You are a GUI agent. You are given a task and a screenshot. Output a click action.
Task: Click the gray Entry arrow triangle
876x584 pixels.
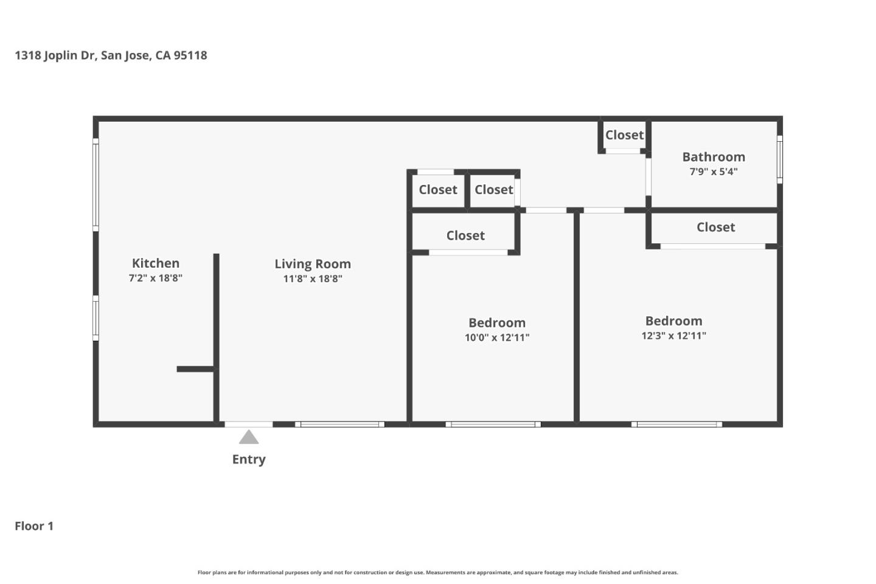(x=249, y=437)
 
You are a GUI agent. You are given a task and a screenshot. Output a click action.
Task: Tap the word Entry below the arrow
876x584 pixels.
(x=249, y=459)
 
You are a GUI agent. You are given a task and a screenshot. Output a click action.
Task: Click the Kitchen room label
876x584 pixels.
(x=156, y=263)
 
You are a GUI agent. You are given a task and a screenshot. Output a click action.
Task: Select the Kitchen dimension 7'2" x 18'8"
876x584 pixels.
(x=156, y=279)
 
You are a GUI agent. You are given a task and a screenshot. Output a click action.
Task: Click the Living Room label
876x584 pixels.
(x=313, y=264)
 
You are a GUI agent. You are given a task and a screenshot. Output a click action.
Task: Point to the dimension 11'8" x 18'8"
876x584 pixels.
(x=313, y=279)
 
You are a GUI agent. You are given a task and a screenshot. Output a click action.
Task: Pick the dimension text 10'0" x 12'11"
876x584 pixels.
(x=497, y=338)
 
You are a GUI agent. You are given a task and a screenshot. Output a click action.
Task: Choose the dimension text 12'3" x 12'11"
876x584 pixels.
(x=673, y=336)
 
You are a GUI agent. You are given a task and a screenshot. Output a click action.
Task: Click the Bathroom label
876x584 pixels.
(x=714, y=157)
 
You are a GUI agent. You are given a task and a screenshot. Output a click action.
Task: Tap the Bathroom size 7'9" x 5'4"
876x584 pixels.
(x=714, y=172)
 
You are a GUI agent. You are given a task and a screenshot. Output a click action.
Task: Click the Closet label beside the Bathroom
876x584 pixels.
(x=624, y=135)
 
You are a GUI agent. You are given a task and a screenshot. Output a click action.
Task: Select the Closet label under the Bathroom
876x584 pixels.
(x=715, y=228)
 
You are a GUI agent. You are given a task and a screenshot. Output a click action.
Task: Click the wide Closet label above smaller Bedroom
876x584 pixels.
(x=465, y=235)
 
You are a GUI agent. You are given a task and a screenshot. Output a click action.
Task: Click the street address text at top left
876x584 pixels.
(x=111, y=55)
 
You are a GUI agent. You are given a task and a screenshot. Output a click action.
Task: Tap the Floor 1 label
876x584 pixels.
(x=34, y=526)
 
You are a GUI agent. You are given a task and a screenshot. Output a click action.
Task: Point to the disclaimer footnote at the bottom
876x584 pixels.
(x=437, y=572)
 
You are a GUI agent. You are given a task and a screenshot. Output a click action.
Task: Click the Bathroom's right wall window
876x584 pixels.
(x=779, y=159)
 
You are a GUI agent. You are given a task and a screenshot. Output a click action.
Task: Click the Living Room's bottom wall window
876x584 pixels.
(x=339, y=424)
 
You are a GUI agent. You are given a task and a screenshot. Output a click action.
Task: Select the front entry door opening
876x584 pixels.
(x=249, y=424)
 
